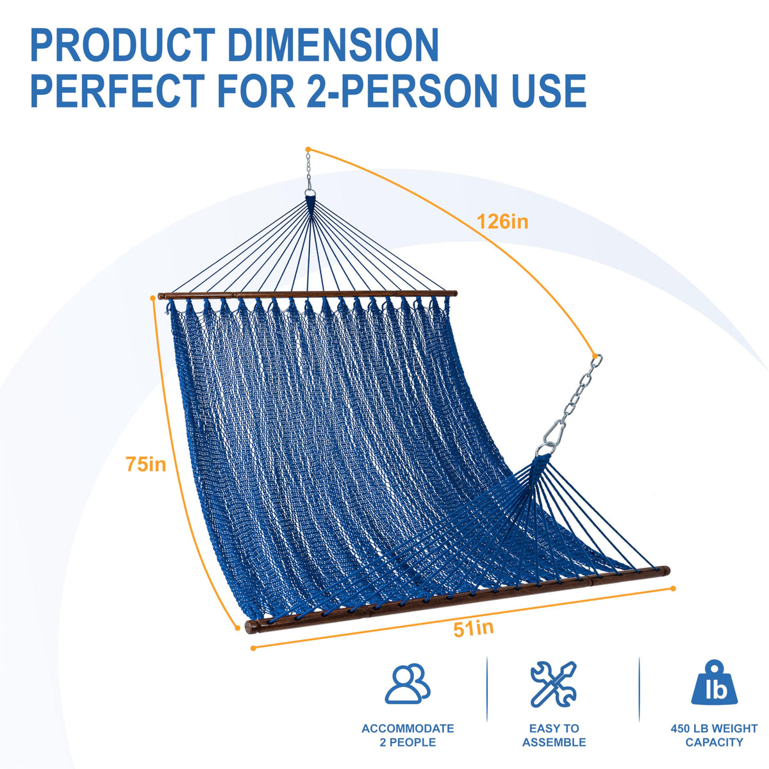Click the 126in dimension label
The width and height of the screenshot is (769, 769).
pyautogui.click(x=502, y=222)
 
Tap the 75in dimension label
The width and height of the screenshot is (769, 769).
pyautogui.click(x=145, y=464)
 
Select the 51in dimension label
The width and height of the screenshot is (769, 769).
pyautogui.click(x=474, y=629)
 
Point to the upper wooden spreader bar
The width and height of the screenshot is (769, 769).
pyautogui.click(x=308, y=295)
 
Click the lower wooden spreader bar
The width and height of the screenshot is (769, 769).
pyautogui.click(x=458, y=600)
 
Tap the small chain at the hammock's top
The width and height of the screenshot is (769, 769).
pyautogui.click(x=308, y=169)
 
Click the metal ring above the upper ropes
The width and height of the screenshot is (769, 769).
pyautogui.click(x=310, y=193)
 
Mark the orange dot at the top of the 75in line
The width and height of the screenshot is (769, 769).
pyautogui.click(x=152, y=298)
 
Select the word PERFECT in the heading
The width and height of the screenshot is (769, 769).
pyautogui.click(x=118, y=90)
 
